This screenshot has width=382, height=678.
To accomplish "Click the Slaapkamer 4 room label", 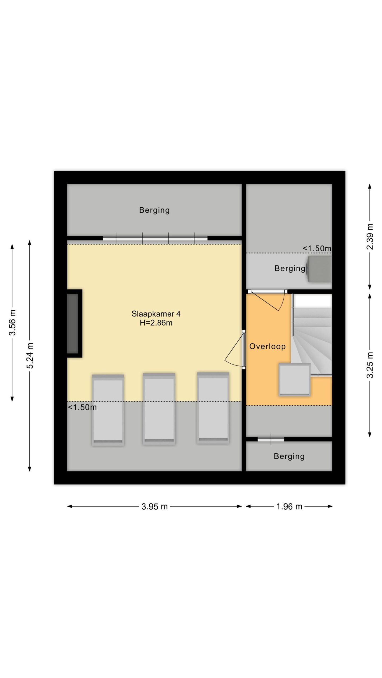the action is coord(156,314).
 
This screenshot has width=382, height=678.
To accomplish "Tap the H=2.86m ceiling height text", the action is coord(156,323).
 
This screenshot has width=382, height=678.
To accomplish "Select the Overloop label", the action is coord(267,346).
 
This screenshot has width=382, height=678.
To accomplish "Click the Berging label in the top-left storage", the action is coord(154,210).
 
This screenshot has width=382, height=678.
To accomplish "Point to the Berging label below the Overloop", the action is coord(289,456).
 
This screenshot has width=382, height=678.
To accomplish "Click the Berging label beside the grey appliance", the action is coord(290,269).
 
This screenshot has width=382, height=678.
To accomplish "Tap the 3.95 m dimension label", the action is coord(154,507).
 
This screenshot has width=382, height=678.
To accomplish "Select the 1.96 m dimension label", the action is coord(289,507).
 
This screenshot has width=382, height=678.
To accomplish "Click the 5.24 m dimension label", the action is coord(30,356).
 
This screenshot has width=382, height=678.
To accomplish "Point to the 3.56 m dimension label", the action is coord(12,322).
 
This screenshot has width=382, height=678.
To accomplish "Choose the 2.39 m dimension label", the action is coord(370,237).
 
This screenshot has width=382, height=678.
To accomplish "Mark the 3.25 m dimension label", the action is coord(370,365).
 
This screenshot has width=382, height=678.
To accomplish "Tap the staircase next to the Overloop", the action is coord(312,335).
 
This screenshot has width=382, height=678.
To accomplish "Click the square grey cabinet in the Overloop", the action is coord(295,380).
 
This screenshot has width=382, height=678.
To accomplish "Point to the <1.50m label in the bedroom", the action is coord(82,407).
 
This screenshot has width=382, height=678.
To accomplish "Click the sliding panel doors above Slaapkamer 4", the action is coord(155,238).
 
